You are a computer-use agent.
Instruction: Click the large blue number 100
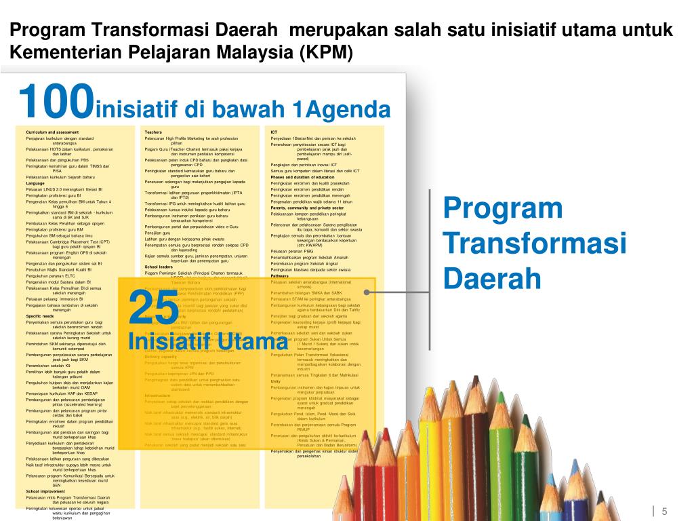coord(56,101)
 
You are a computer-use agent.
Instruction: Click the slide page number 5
coord(665,511)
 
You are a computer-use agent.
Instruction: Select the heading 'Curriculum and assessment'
coord(53,132)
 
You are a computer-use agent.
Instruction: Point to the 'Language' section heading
coord(35,183)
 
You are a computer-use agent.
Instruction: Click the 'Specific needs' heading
coord(40,316)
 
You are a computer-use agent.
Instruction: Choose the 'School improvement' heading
coord(45,490)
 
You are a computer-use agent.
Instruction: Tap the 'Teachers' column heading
coord(153,132)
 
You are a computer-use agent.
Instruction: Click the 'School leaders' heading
coord(159,267)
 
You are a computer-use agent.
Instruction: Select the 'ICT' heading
coord(274,132)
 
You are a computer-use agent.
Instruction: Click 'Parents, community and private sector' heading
coord(307,208)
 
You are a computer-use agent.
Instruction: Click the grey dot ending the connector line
coord(367,292)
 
